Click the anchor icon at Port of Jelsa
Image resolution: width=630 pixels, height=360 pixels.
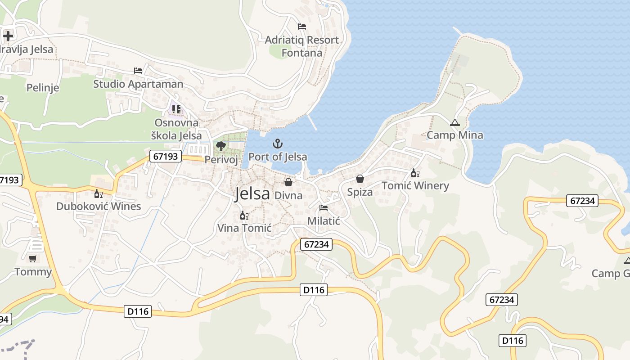tap(278, 144)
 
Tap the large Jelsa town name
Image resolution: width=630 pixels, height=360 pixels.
tap(252, 193)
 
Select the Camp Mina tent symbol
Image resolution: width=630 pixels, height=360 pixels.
tap(455, 122)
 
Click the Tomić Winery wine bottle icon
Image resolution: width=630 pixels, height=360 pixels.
tap(415, 173)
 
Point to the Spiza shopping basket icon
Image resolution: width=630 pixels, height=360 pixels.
tap(360, 179)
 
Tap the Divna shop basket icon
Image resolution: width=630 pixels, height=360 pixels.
tap(288, 182)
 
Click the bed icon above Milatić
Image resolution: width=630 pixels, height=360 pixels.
tap(324, 208)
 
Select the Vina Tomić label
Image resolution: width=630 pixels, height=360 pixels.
tap(244, 228)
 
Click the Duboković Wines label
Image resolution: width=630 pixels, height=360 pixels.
tap(99, 206)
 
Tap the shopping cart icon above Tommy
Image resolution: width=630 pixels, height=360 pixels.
tap(32, 259)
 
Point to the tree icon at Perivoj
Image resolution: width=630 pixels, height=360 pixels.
tap(220, 146)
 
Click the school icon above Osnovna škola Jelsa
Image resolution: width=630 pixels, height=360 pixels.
tap(176, 109)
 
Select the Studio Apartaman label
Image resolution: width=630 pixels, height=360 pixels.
tap(138, 84)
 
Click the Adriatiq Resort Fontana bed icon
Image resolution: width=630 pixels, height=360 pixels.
tap(302, 27)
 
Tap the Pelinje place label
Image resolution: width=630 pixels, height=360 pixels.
tap(43, 87)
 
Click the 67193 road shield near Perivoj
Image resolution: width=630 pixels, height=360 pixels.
tap(166, 157)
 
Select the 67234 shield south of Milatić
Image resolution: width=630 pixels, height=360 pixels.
tap(316, 244)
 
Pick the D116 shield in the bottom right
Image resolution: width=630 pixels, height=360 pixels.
tap(513, 340)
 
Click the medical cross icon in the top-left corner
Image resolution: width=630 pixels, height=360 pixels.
tap(8, 36)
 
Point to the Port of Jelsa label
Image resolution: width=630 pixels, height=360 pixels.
tap(278, 157)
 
